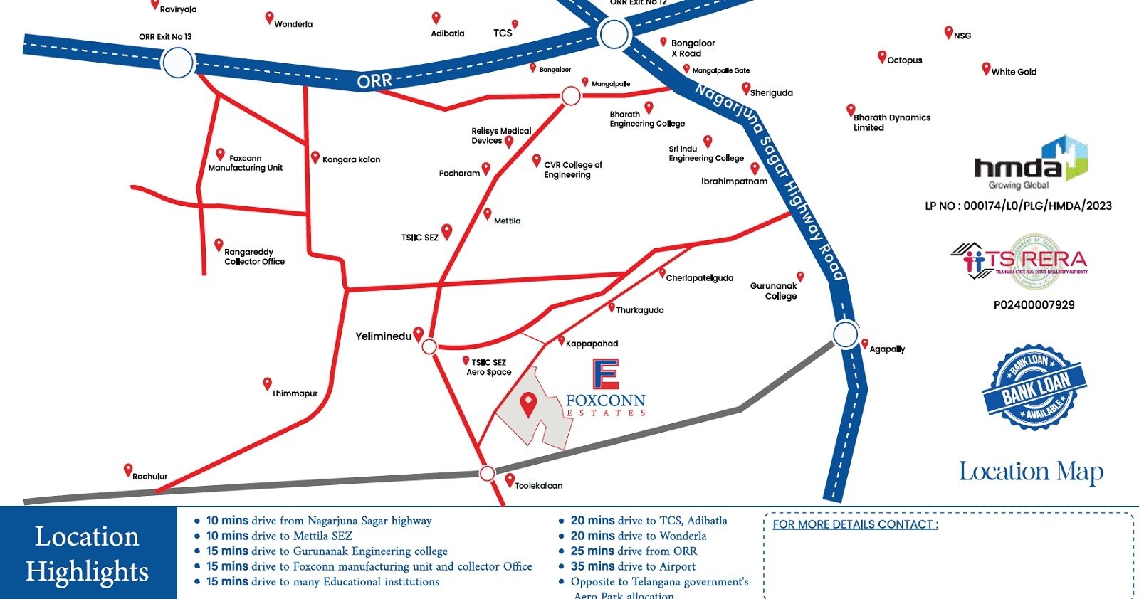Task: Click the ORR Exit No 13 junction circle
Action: click(x=178, y=63)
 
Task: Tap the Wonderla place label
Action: click(x=293, y=24)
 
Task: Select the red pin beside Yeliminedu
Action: click(x=419, y=334)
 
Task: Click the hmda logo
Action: click(x=1030, y=163)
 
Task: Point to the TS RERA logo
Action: click(x=1019, y=261)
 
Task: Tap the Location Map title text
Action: click(x=1031, y=472)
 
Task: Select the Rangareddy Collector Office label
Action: click(x=254, y=257)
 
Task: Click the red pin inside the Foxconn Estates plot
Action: click(x=527, y=403)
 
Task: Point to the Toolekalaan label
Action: click(x=538, y=486)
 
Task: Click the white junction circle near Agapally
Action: click(x=846, y=334)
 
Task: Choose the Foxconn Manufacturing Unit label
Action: click(x=246, y=163)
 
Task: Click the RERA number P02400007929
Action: click(x=1034, y=305)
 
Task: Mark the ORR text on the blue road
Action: click(x=374, y=81)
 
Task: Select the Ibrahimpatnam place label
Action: click(x=734, y=181)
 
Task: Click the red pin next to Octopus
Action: click(x=882, y=57)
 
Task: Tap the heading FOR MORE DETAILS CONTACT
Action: click(x=855, y=524)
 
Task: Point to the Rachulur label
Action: click(x=149, y=477)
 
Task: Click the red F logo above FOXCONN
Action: click(x=606, y=374)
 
